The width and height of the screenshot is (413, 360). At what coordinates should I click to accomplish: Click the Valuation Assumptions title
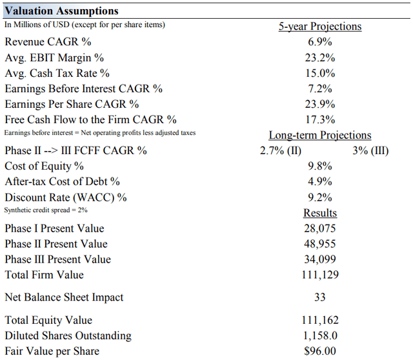62,11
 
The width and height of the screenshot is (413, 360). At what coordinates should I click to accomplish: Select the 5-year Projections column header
320,26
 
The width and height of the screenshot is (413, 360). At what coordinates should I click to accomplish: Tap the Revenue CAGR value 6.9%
320,42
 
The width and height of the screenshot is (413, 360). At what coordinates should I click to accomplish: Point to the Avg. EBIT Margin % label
54,57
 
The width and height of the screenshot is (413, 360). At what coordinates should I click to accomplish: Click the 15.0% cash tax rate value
320,73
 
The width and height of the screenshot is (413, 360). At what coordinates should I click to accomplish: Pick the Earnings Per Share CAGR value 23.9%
320,104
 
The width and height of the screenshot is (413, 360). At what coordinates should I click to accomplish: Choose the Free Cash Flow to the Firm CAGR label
90,119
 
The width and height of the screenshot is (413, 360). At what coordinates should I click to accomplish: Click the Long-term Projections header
320,135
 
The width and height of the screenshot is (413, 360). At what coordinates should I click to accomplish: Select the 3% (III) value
371,150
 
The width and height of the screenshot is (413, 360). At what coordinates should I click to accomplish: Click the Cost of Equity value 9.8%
320,166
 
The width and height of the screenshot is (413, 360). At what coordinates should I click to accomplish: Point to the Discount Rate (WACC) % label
66,197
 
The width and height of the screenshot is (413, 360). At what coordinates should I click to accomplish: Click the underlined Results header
320,213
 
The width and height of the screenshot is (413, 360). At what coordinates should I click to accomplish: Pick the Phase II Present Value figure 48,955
320,244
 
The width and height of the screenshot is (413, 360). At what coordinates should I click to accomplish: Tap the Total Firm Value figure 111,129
320,275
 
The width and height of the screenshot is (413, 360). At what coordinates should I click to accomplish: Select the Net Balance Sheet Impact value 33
320,297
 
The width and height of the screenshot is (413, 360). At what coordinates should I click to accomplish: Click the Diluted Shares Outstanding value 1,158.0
320,335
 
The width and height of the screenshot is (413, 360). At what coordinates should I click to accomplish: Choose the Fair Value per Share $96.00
320,351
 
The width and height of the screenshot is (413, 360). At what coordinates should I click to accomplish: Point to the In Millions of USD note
85,25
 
